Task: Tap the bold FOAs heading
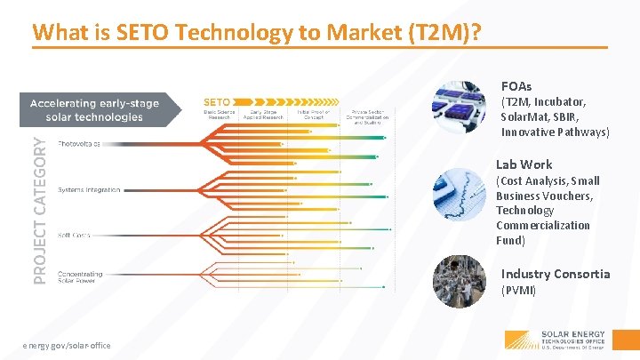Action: [516, 86]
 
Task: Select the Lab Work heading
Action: [524, 164]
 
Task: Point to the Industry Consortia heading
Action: [556, 274]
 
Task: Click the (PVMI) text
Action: [519, 291]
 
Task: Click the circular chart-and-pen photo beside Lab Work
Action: [460, 194]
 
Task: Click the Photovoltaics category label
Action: [79, 143]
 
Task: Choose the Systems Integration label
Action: [89, 190]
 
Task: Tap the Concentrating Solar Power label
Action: [80, 278]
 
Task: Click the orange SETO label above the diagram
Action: [220, 100]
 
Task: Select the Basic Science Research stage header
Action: [219, 113]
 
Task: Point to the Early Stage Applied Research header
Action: [266, 113]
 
